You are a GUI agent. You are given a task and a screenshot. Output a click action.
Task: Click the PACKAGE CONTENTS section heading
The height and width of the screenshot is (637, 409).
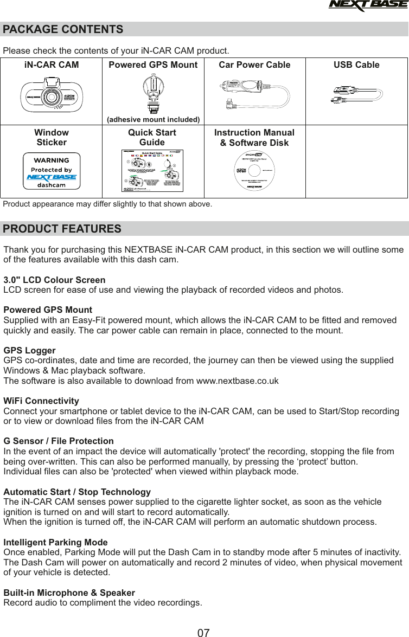[x=63, y=29]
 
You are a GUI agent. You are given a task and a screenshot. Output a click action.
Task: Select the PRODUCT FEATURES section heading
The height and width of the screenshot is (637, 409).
[x=62, y=229]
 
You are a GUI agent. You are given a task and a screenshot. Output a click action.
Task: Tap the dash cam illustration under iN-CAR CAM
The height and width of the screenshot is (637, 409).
[x=51, y=96]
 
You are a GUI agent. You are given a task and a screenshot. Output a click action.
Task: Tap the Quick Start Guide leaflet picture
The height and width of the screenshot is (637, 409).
[x=153, y=170]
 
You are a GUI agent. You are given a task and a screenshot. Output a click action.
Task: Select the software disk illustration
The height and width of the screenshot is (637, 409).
[x=254, y=171]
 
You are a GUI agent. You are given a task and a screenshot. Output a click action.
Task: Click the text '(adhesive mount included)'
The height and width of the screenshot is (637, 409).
[x=153, y=119]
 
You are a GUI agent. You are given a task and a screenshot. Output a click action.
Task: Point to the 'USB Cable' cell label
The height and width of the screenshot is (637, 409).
[x=356, y=65]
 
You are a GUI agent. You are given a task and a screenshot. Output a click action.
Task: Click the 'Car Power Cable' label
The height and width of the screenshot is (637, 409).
[x=254, y=65]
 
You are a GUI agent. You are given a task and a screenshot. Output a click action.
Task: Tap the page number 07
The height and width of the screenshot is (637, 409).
[x=203, y=632]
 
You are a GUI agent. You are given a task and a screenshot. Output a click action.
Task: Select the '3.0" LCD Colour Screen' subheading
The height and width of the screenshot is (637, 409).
[x=55, y=280]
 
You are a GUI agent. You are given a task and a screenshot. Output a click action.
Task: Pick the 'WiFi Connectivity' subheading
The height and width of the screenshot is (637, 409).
[x=41, y=401]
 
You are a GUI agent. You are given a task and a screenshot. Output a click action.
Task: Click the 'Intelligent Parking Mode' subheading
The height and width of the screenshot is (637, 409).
[x=56, y=542]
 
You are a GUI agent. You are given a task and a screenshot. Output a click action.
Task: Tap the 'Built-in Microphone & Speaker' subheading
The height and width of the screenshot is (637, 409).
[x=69, y=593]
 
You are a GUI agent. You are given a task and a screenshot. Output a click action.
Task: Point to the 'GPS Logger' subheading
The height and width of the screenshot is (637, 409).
[x=30, y=351]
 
